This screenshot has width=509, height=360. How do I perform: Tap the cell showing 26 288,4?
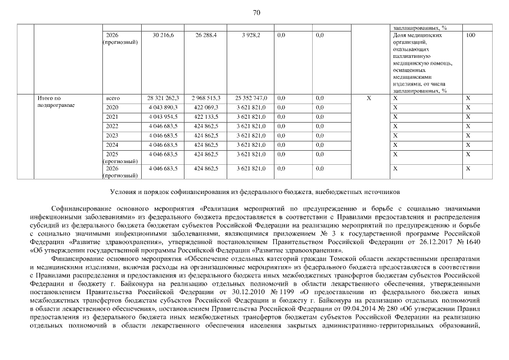pyautogui.click(x=206, y=35)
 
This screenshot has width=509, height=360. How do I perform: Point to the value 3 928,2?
pyautogui.click(x=251, y=35)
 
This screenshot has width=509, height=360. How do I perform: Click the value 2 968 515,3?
pyautogui.click(x=205, y=98)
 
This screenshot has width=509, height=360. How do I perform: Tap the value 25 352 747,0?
pyautogui.click(x=251, y=98)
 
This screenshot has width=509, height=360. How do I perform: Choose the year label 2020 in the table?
pyautogui.click(x=112, y=107)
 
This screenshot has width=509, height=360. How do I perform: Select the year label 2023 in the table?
pyautogui.click(x=112, y=136)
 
